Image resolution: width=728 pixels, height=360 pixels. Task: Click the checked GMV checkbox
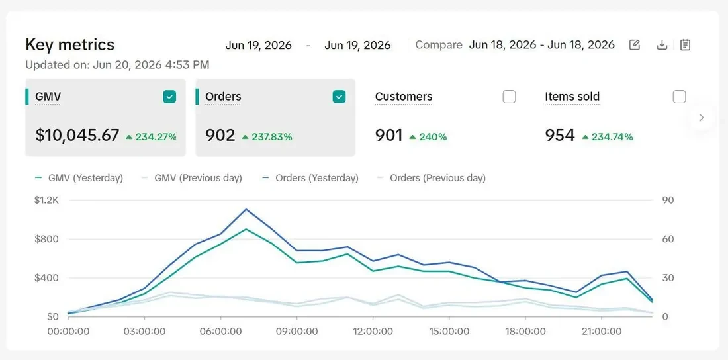[x=169, y=97]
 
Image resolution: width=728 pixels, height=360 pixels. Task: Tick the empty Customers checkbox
[x=510, y=97]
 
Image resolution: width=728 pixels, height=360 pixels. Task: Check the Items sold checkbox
[x=679, y=97]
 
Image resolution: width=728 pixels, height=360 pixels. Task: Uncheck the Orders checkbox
[x=340, y=97]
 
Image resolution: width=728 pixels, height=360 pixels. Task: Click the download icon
[x=662, y=45]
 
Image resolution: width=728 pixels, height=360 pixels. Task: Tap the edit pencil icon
[x=634, y=45]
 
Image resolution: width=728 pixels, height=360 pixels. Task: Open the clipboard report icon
[x=685, y=45]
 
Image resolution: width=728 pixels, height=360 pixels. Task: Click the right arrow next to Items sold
[x=702, y=118]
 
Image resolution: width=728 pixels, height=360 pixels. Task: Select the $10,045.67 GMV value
[x=77, y=135]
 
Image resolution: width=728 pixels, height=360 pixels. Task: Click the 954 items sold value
[x=560, y=135]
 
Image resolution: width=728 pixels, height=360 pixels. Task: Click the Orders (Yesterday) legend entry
[x=310, y=178]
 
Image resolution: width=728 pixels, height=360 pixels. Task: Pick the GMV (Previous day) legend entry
[x=192, y=178]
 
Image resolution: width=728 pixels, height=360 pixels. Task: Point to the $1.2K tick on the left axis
[x=46, y=201]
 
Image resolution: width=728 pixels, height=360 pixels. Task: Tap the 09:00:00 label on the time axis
[x=296, y=332]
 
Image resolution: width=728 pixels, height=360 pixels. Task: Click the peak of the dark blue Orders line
[x=246, y=209]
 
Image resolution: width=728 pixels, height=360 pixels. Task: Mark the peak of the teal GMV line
[x=246, y=229]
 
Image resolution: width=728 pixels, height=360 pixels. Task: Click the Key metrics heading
[x=69, y=44]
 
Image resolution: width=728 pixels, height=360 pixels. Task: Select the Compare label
[x=439, y=45]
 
